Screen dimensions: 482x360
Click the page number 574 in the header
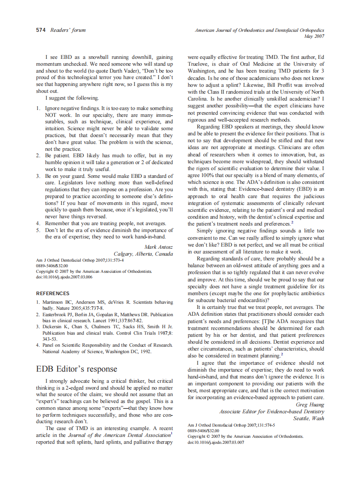[41, 30]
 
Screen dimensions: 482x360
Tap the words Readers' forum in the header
[68, 30]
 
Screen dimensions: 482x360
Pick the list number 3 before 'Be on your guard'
[38, 176]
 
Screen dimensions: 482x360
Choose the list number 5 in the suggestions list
[38, 230]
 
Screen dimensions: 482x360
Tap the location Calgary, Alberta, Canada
[143, 253]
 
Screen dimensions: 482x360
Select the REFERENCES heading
[52, 293]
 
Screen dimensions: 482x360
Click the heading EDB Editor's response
[76, 369]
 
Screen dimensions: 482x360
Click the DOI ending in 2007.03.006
[64, 277]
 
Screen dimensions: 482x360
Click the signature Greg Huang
[310, 405]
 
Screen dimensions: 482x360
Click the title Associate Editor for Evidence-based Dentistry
[272, 412]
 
